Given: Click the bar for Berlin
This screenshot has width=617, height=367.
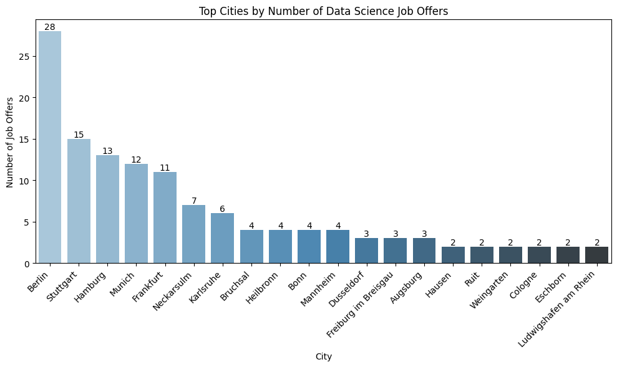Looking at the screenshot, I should (50, 147).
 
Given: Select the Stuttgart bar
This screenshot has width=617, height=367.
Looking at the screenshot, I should (79, 201).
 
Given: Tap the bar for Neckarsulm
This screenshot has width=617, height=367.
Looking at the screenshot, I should (193, 234).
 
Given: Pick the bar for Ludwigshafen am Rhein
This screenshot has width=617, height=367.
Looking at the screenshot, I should (596, 255).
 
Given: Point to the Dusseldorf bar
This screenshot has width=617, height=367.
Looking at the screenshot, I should (366, 250).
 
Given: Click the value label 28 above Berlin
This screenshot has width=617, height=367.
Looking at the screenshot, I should (50, 27).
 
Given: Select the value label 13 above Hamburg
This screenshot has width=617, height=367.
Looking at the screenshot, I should (107, 151).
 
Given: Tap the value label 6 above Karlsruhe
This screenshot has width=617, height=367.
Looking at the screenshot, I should (222, 209).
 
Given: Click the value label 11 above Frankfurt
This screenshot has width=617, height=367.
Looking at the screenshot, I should (165, 168).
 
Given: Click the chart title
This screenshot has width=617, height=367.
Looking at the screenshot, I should (323, 11).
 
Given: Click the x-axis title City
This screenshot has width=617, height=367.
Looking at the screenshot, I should (323, 357).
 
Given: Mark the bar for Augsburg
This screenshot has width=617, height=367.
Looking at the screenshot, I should (424, 250).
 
